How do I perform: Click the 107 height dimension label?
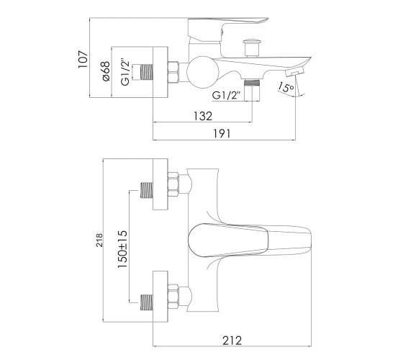tap(83, 59)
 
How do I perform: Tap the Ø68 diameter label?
tap(106, 71)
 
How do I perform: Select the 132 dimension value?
tap(203, 116)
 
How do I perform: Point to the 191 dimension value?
tap(222, 134)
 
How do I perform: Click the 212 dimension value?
tap(232, 341)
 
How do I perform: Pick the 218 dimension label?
tap(99, 240)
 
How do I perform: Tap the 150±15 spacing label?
tap(122, 249)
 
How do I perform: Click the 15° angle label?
tap(286, 87)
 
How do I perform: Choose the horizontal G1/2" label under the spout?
tap(226, 95)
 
